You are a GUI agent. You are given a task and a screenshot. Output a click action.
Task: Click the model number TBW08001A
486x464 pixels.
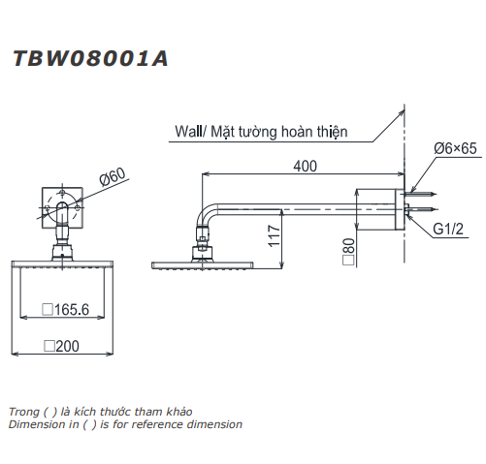click(x=90, y=58)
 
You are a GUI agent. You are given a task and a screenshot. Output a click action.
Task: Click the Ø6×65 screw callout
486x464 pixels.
click(x=452, y=148)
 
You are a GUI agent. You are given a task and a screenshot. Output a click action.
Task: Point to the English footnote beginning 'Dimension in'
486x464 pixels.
click(x=125, y=424)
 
